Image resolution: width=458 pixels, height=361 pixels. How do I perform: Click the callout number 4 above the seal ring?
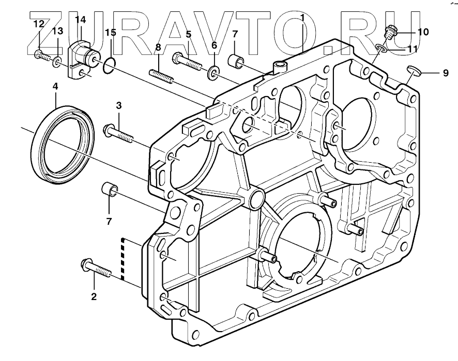point(55,86)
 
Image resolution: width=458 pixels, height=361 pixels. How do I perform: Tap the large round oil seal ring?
point(63,144)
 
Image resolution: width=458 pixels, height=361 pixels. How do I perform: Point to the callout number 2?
point(94,296)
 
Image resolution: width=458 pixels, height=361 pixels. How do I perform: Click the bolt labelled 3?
point(118,133)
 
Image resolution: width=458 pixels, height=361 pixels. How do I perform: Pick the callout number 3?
point(118,105)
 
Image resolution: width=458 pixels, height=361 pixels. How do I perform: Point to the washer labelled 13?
point(57,63)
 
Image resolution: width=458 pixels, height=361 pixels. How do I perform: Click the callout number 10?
point(423,32)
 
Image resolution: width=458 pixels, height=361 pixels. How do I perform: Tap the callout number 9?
point(445,73)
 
